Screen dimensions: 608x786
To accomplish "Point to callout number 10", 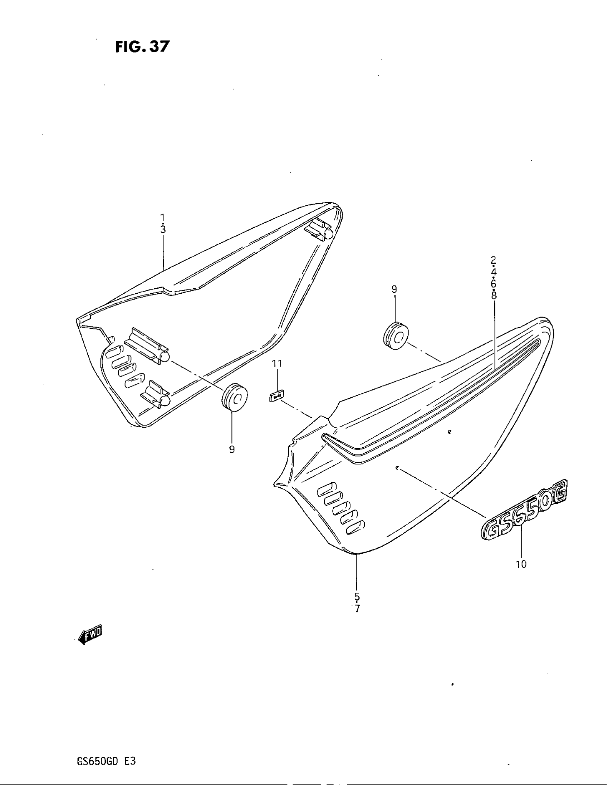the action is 521,564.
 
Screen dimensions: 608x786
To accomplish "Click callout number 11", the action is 277,364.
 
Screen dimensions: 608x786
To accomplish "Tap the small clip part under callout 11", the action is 276,397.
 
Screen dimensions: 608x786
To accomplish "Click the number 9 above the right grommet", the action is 394,290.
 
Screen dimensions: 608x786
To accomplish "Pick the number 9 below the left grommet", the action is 232,449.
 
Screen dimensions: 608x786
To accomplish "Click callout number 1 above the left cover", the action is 162,217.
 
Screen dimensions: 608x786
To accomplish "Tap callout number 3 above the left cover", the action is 163,229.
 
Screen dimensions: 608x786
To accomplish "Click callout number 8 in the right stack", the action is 494,295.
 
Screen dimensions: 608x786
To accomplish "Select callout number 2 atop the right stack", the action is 494,259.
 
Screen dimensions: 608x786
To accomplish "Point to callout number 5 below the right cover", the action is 357,596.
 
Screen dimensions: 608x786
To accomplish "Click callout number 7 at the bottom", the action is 357,609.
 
